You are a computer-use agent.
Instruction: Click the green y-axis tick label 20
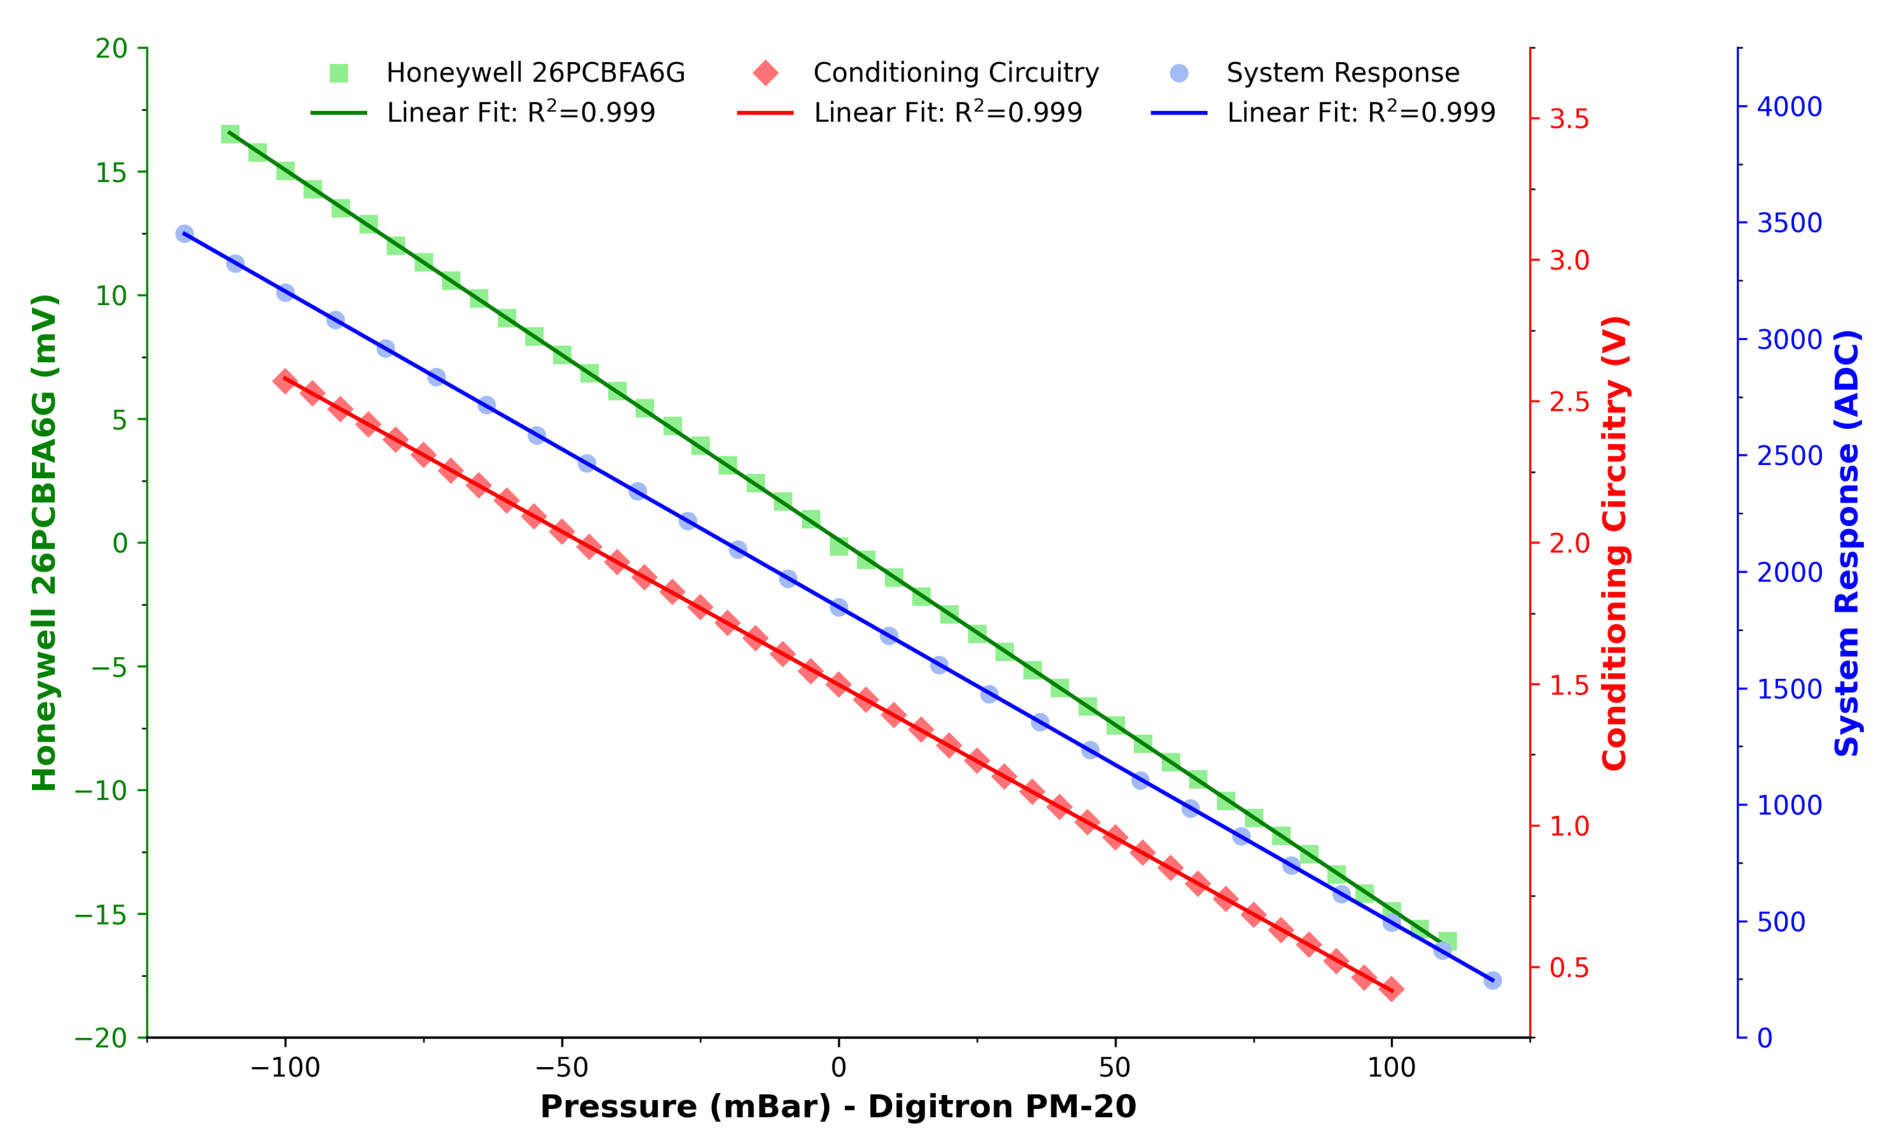point(111,49)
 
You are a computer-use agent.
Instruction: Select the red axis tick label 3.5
point(1569,119)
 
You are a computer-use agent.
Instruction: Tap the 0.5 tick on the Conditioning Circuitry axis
point(1569,967)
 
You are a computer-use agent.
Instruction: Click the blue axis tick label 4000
point(1789,107)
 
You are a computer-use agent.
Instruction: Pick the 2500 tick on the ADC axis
point(1789,456)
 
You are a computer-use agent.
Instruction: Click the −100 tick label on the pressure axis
point(285,1068)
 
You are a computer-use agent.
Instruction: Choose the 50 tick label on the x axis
point(1115,1068)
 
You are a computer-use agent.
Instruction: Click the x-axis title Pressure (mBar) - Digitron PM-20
point(838,1106)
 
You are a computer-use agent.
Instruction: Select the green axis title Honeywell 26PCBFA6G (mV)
point(44,543)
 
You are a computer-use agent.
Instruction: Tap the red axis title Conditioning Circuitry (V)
point(1615,543)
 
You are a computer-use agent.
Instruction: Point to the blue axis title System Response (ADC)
point(1846,543)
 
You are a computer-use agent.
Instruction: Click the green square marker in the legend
point(338,73)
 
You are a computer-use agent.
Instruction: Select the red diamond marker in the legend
point(765,73)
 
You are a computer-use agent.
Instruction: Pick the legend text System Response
point(1343,73)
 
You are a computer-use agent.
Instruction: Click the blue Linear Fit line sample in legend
point(1179,113)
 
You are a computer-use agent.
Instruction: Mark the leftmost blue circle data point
point(184,233)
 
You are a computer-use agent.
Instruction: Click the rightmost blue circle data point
point(1493,980)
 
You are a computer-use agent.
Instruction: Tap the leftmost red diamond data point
point(285,381)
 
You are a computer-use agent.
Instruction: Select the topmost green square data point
point(230,134)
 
